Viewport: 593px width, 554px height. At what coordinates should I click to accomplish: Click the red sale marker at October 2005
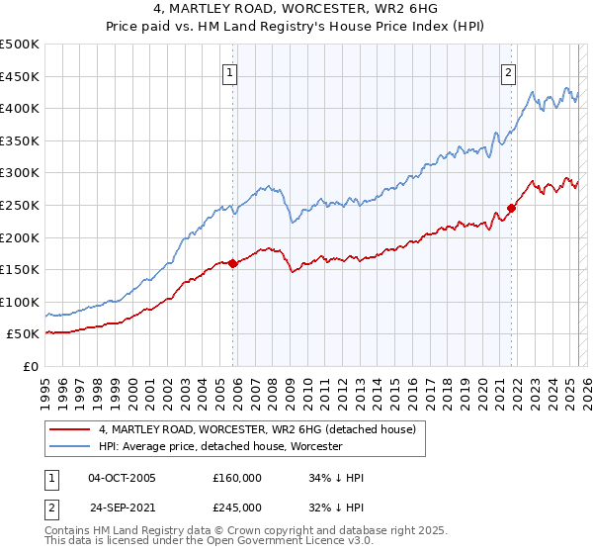(x=233, y=263)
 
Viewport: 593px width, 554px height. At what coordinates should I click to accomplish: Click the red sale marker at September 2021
(x=512, y=208)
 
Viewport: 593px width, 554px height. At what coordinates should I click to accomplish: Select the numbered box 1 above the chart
(x=229, y=71)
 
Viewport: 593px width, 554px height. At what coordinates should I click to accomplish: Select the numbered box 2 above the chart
(x=508, y=71)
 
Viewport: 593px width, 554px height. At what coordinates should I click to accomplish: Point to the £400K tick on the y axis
(x=20, y=109)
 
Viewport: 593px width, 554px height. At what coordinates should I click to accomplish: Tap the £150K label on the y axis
(x=20, y=269)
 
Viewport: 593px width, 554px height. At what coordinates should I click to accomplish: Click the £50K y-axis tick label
(x=24, y=334)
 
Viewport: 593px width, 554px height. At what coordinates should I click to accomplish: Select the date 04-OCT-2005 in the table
(x=122, y=478)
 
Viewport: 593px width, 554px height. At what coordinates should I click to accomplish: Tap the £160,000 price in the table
(x=237, y=478)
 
